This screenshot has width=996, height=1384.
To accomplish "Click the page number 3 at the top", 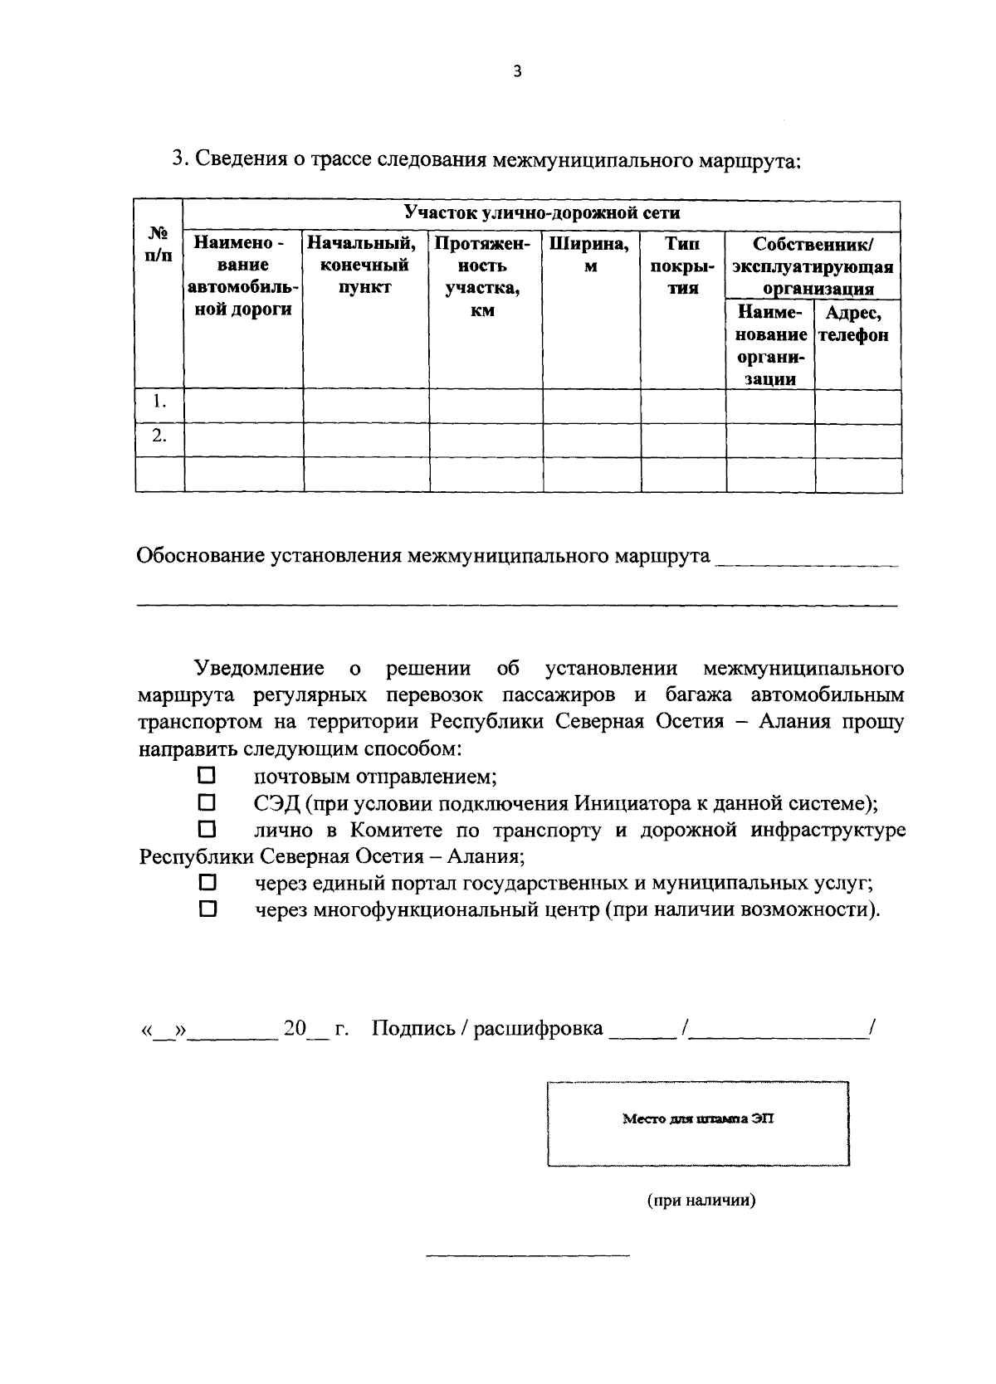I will (517, 72).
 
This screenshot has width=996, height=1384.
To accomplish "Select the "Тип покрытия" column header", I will (682, 266).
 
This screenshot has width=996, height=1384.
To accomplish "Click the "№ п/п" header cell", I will (159, 245).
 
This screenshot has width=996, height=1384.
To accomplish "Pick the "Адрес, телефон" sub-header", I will (857, 324).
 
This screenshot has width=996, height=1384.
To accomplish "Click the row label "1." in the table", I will (159, 402).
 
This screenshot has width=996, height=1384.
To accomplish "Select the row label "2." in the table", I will (159, 436).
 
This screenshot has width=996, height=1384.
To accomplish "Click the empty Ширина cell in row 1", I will (591, 406).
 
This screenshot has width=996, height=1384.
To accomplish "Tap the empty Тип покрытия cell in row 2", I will (683, 441).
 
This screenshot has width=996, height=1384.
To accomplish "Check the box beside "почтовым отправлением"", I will (207, 776).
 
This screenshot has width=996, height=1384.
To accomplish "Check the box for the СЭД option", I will (207, 802).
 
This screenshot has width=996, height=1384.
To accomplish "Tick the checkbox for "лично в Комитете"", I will (207, 829).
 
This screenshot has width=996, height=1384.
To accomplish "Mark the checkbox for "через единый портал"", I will (207, 882).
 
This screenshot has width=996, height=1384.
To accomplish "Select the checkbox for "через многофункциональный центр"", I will (207, 909).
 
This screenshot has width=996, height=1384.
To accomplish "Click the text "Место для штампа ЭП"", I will (698, 1118).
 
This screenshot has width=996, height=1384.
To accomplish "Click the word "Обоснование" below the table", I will (199, 555).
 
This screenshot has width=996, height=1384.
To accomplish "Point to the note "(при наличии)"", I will (701, 1200).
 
